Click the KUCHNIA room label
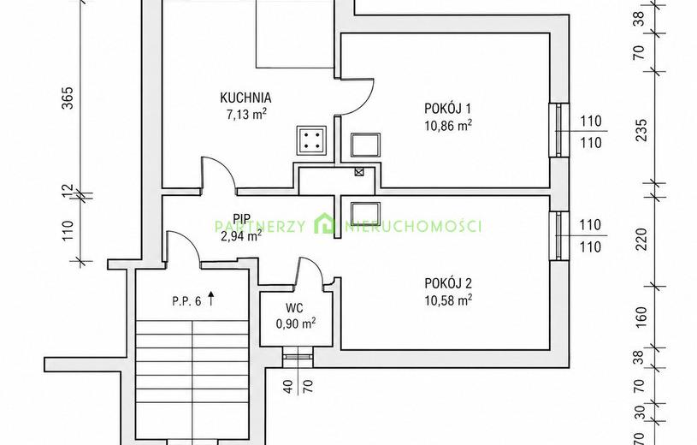[245, 98]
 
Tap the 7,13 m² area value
[246, 115]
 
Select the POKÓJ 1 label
[447, 108]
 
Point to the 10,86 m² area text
[448, 126]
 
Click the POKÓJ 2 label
[448, 283]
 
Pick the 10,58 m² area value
[448, 300]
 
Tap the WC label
[294, 307]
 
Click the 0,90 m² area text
[296, 323]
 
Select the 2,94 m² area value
[241, 236]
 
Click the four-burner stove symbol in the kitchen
[311, 140]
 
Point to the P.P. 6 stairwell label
[186, 301]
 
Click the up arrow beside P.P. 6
[211, 299]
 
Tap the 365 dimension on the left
[67, 98]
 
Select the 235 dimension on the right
[641, 130]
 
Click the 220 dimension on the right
[641, 239]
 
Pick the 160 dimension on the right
[641, 316]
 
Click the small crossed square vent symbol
[358, 172]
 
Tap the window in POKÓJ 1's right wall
[558, 130]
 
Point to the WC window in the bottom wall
[298, 356]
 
